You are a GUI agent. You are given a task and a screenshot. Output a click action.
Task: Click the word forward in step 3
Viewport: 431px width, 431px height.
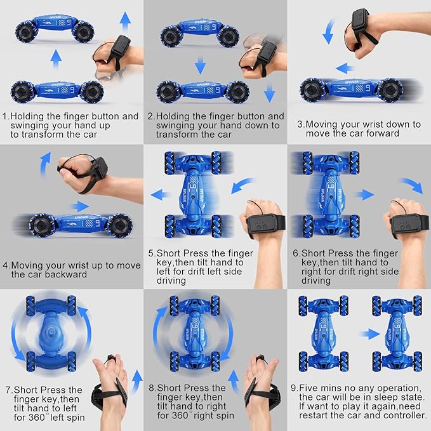coord(382,133)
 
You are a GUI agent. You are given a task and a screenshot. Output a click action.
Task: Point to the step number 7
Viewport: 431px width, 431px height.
coord(8,390)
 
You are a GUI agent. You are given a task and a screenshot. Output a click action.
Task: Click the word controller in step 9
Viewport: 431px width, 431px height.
coord(404,415)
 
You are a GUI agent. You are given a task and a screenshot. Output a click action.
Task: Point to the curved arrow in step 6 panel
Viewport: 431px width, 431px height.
coord(411,185)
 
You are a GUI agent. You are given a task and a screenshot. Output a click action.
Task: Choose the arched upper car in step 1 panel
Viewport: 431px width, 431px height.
coord(55,29)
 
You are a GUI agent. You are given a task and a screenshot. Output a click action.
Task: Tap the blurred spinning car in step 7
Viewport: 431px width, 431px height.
coord(51,334)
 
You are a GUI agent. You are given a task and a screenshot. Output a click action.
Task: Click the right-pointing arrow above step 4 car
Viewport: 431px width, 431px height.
coord(80,206)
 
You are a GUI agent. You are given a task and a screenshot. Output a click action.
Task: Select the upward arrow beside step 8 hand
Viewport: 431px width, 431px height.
coord(234,381)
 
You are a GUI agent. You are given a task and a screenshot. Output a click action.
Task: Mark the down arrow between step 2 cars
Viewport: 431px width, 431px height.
coord(200,65)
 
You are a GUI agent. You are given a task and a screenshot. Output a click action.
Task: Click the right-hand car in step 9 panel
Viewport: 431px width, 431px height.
coord(397,333)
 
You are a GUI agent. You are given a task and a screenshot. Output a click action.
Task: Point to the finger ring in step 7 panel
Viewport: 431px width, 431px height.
coord(111,358)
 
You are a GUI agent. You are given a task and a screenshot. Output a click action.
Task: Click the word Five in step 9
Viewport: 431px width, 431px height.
coord(308,388)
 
